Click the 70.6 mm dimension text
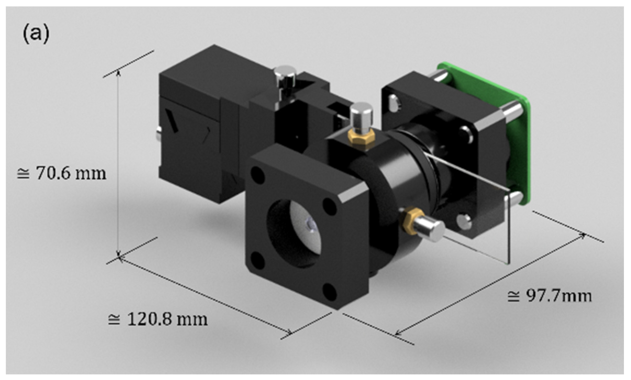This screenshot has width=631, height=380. pos(62,173)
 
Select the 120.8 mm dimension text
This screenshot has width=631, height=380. pos(158,319)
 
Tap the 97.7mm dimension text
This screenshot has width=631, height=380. pos(549,296)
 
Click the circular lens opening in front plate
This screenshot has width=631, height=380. pos(295,233)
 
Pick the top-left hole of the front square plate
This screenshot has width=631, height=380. pos(258,175)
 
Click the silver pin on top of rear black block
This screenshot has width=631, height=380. pos(285,76)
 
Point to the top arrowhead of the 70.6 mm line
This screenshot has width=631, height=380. pos(119,72)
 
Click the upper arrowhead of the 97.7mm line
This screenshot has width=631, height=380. pos(583,235)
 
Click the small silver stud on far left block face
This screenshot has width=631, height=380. pos(159,132)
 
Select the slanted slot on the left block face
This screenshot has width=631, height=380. pos(171,121)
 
